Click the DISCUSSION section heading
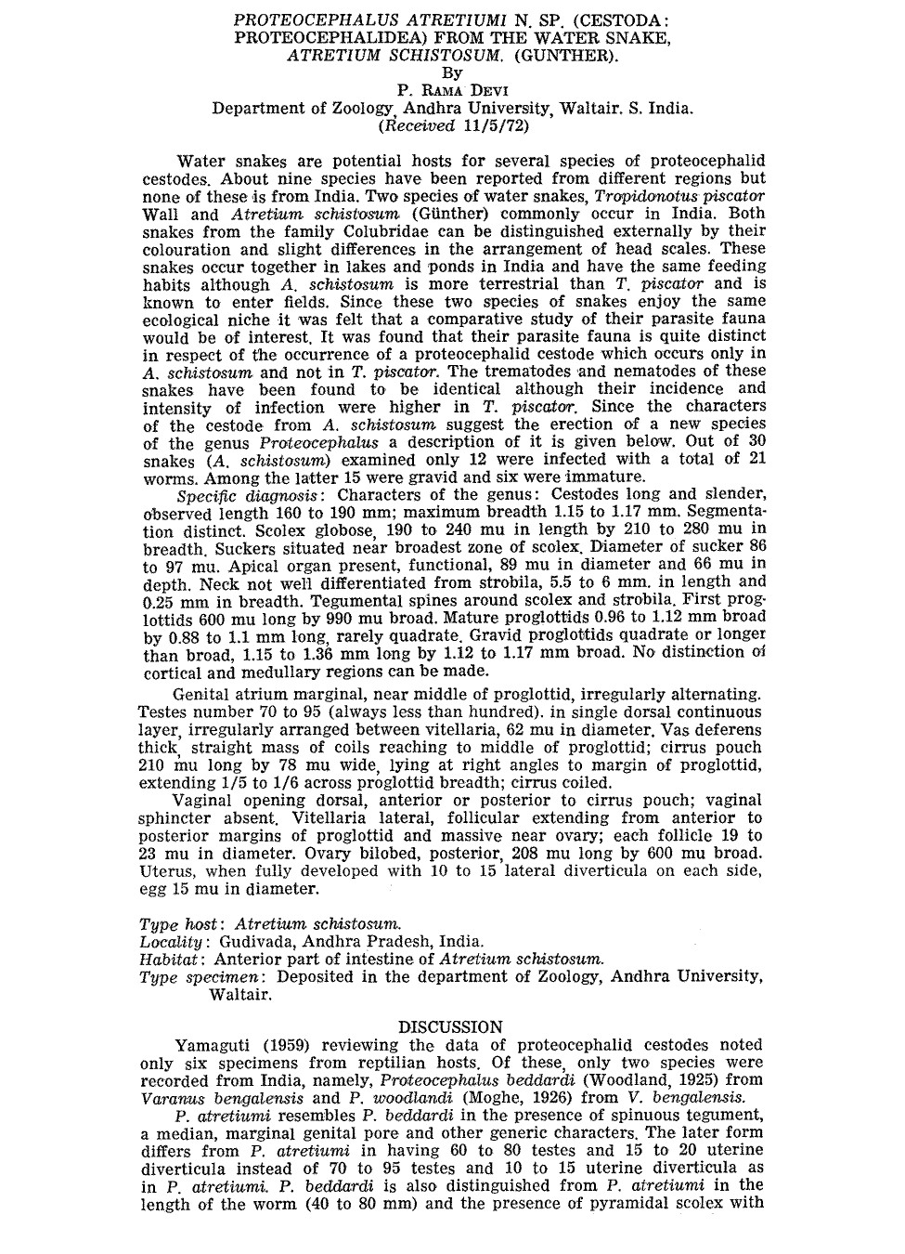pyautogui.click(x=450, y=1027)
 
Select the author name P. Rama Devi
pyautogui.click(x=451, y=91)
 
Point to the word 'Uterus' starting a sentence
pyautogui.click(x=166, y=872)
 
